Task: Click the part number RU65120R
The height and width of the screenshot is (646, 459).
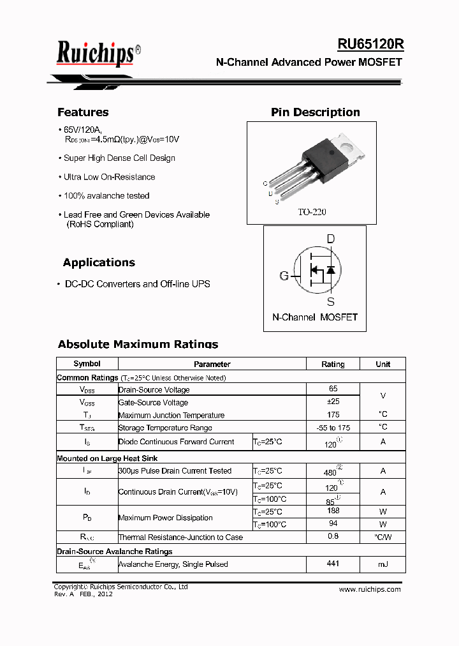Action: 370,44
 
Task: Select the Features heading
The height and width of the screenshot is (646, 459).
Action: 83,112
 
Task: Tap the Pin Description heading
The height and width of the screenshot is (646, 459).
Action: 315,112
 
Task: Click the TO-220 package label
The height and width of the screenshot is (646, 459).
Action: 312,212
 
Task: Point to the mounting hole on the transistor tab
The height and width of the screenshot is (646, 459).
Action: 349,145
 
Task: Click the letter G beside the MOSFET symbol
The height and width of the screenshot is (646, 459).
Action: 284,276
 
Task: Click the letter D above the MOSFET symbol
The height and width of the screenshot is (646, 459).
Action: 330,239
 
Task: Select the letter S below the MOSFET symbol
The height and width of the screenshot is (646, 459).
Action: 330,302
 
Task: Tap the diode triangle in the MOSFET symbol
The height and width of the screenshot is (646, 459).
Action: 330,270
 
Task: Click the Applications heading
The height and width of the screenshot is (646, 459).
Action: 99,262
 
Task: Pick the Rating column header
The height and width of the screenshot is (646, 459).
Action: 333,364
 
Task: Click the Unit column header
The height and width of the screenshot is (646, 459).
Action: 382,364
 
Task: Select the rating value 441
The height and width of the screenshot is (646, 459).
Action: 333,564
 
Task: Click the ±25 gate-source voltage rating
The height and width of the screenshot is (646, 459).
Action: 333,402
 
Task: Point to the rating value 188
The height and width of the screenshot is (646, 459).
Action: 333,511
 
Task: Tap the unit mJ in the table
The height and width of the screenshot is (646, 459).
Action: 382,564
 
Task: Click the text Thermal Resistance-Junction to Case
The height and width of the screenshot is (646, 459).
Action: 180,537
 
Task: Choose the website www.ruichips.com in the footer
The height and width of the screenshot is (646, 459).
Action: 370,589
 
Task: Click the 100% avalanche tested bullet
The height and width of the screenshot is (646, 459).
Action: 106,196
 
